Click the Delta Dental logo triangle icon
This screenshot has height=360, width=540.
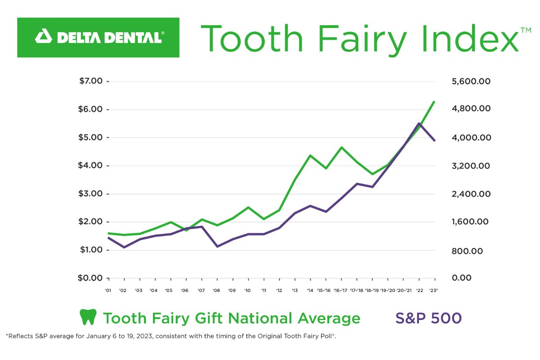click(44, 37)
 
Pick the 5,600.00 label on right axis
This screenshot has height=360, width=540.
click(471, 81)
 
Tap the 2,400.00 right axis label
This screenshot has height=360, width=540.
click(471, 194)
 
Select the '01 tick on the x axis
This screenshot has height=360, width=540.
click(108, 291)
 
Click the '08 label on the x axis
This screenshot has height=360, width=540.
click(216, 291)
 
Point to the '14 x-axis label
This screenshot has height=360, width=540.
click(310, 291)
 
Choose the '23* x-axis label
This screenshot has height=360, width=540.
click(434, 291)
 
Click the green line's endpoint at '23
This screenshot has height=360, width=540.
click(434, 102)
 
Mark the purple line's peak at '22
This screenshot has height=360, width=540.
click(419, 123)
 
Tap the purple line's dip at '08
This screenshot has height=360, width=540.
click(217, 246)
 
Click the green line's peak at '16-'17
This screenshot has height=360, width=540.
click(342, 147)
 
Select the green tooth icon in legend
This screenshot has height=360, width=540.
click(88, 318)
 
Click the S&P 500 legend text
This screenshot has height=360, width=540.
click(428, 318)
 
